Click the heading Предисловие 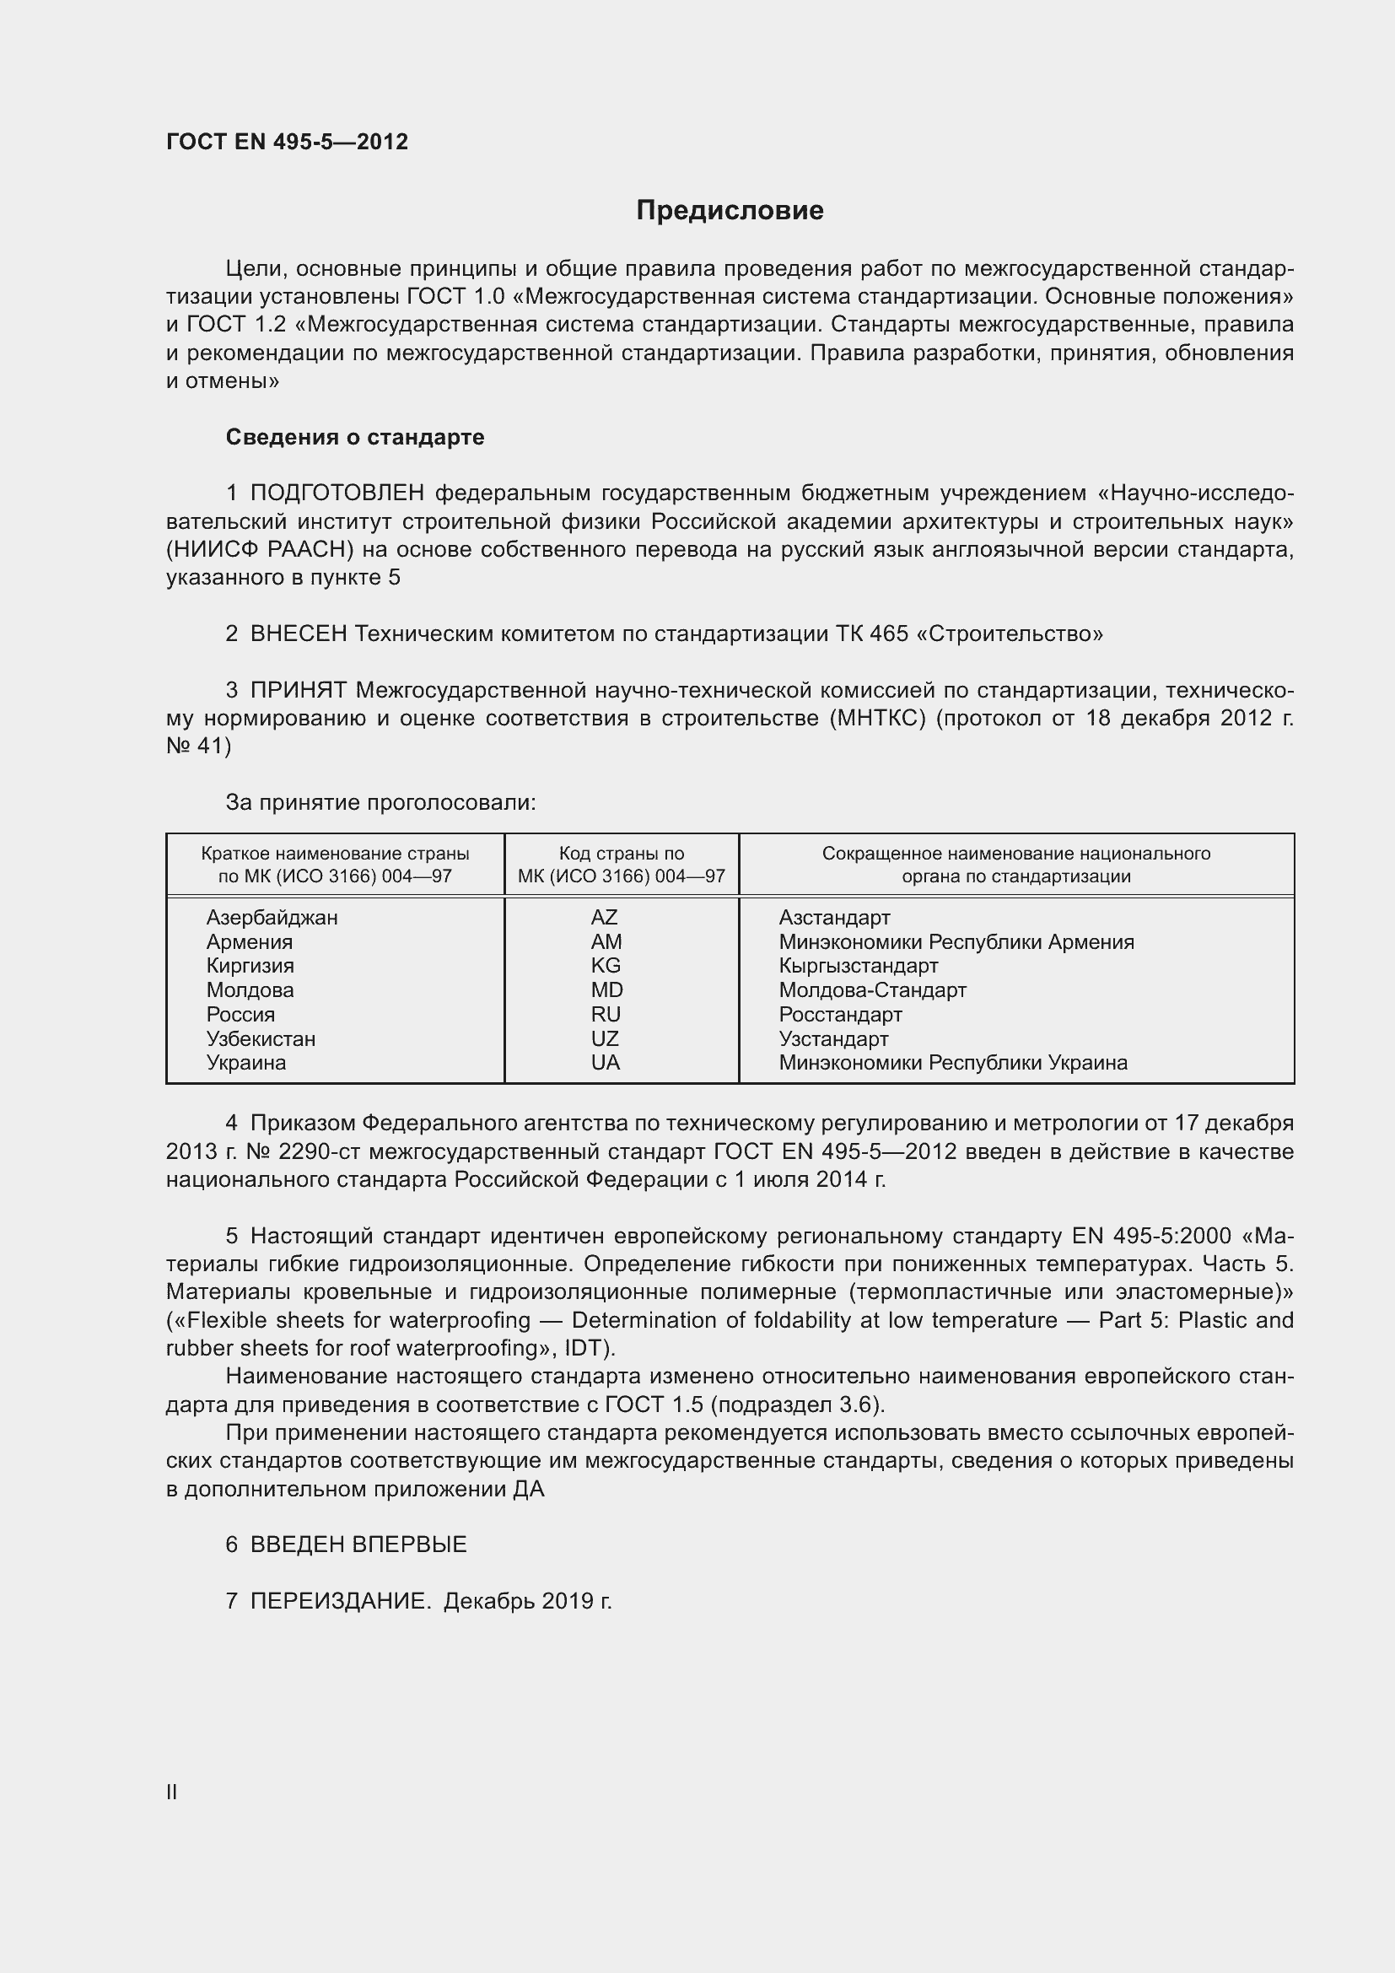730,211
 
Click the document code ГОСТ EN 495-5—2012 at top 287,142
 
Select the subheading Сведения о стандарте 355,438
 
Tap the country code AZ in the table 604,917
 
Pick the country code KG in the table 606,965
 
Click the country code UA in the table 606,1062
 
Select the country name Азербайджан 272,917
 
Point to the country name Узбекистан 261,1038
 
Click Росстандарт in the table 840,1014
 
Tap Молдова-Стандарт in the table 872,990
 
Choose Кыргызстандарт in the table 858,965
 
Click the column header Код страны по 621,854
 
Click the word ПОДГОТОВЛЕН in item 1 337,493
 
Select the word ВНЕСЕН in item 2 298,634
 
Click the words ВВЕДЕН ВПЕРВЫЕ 358,1544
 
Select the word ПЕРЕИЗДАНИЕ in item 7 340,1601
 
